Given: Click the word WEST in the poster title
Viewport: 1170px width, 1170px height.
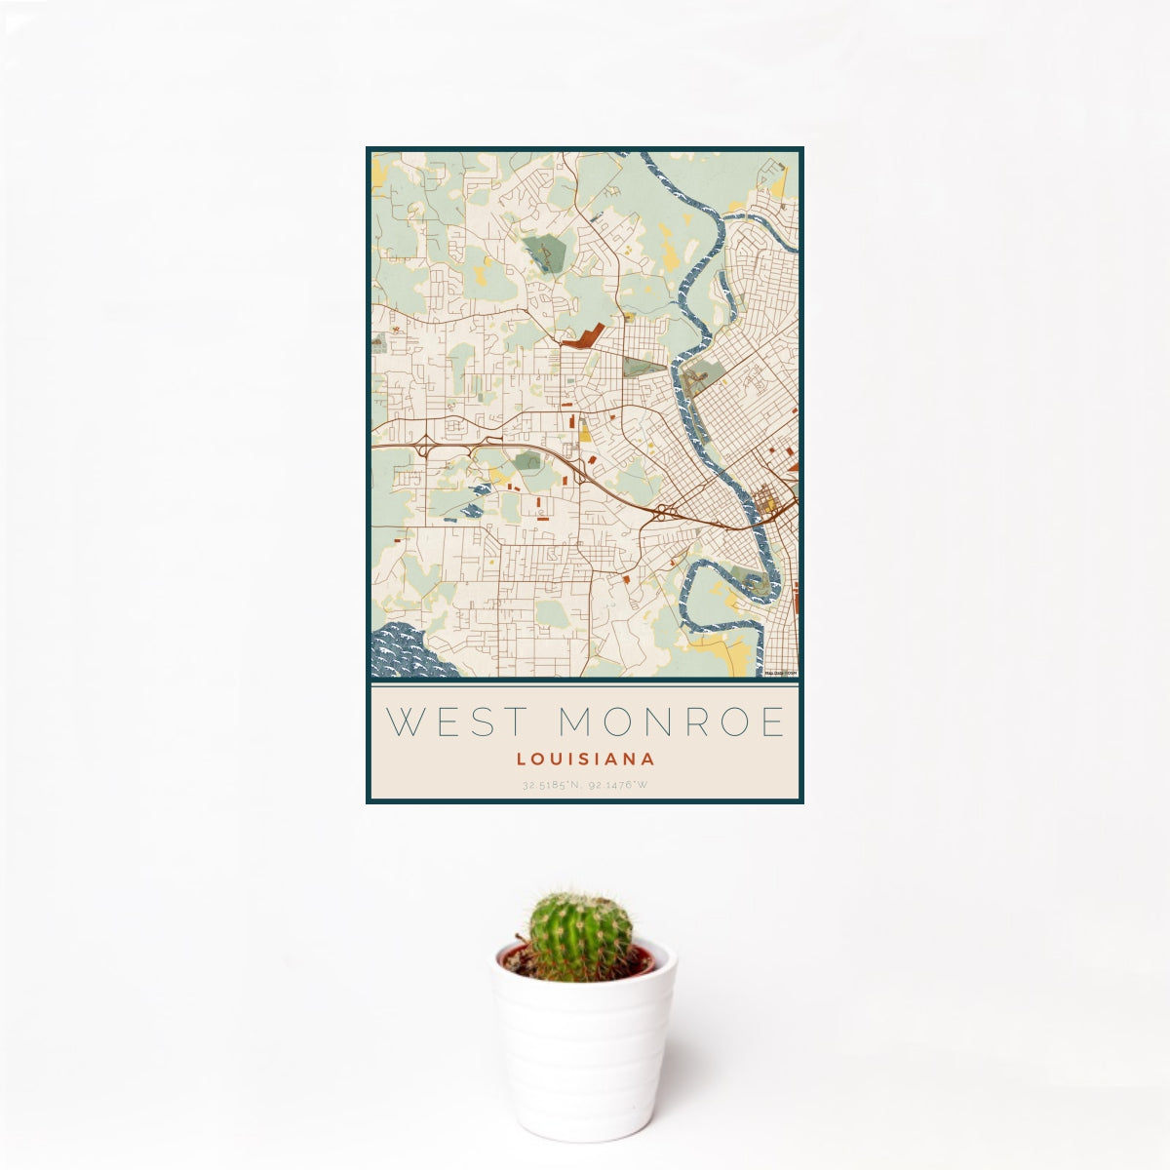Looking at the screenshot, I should click(449, 722).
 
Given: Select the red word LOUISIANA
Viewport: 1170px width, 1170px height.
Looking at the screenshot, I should click(585, 759).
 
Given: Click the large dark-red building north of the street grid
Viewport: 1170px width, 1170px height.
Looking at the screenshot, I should click(583, 338).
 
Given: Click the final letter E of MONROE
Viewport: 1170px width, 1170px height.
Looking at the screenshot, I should click(773, 722).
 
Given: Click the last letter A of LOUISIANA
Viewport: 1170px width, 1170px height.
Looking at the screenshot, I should click(648, 759).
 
